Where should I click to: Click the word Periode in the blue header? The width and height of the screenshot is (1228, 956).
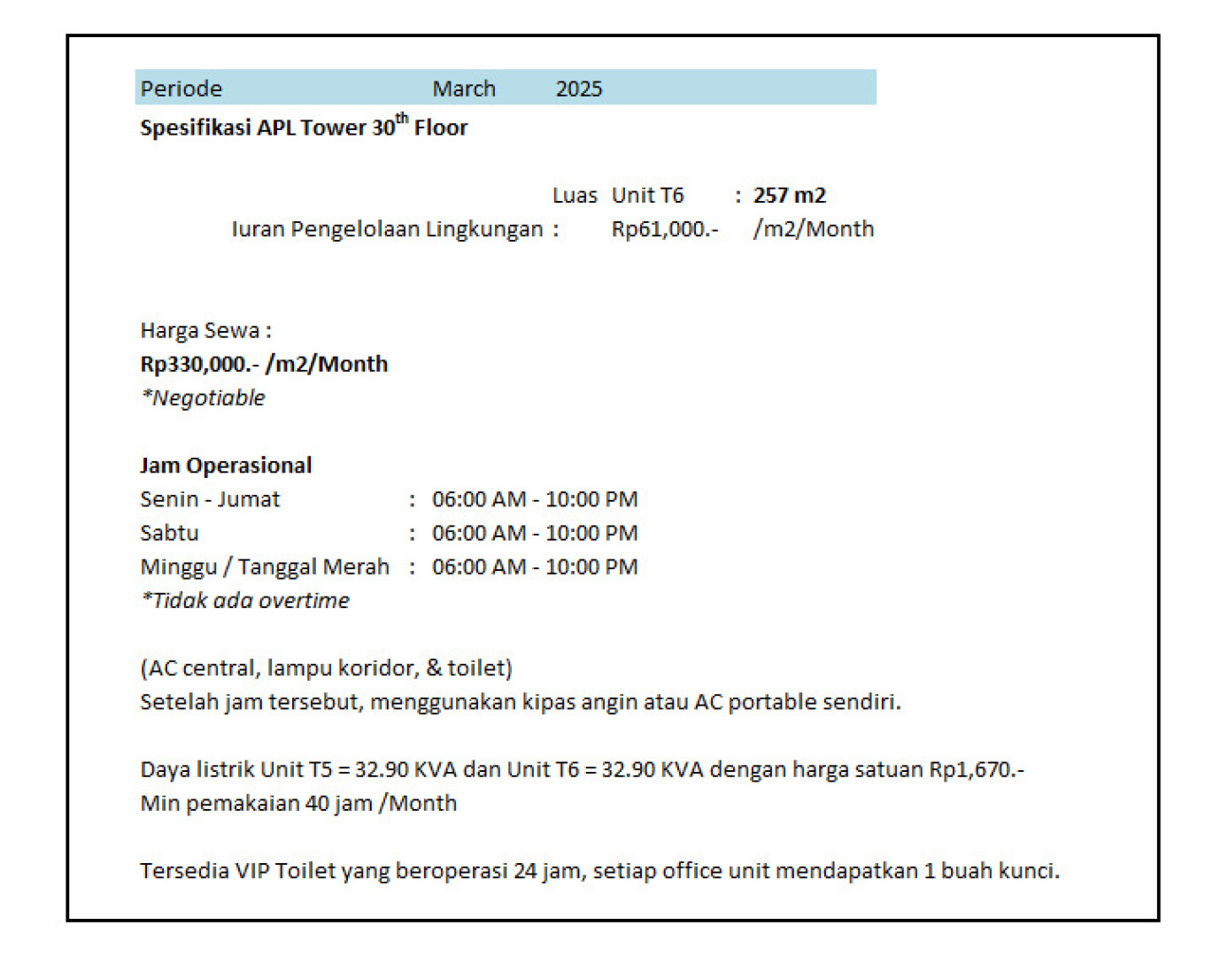coord(181,89)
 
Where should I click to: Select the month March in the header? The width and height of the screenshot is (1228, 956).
coord(463,89)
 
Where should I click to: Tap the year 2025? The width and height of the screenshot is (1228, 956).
coord(578,89)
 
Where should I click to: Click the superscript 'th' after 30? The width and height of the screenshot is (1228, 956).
coord(402,119)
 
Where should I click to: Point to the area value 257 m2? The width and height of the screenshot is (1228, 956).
coord(789,196)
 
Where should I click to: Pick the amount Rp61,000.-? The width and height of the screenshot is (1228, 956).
coord(664,229)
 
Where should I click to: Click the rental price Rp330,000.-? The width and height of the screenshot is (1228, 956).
coord(199,364)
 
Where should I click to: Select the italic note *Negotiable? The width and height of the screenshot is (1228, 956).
coord(203,398)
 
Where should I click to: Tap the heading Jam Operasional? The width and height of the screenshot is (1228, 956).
coord(226,466)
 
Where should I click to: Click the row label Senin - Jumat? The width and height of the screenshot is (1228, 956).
coord(210,499)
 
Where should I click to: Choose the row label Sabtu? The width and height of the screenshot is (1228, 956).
coord(169,533)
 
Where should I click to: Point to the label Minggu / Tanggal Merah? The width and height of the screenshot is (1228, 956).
coord(265,567)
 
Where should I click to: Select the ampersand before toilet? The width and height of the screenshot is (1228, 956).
coord(434,667)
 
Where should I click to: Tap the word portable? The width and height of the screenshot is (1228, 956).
coord(772,702)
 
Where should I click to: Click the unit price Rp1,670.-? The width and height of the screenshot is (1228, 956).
coord(976,769)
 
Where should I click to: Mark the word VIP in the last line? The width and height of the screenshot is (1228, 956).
coord(252,871)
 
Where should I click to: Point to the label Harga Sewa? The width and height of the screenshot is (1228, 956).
coord(201,330)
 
